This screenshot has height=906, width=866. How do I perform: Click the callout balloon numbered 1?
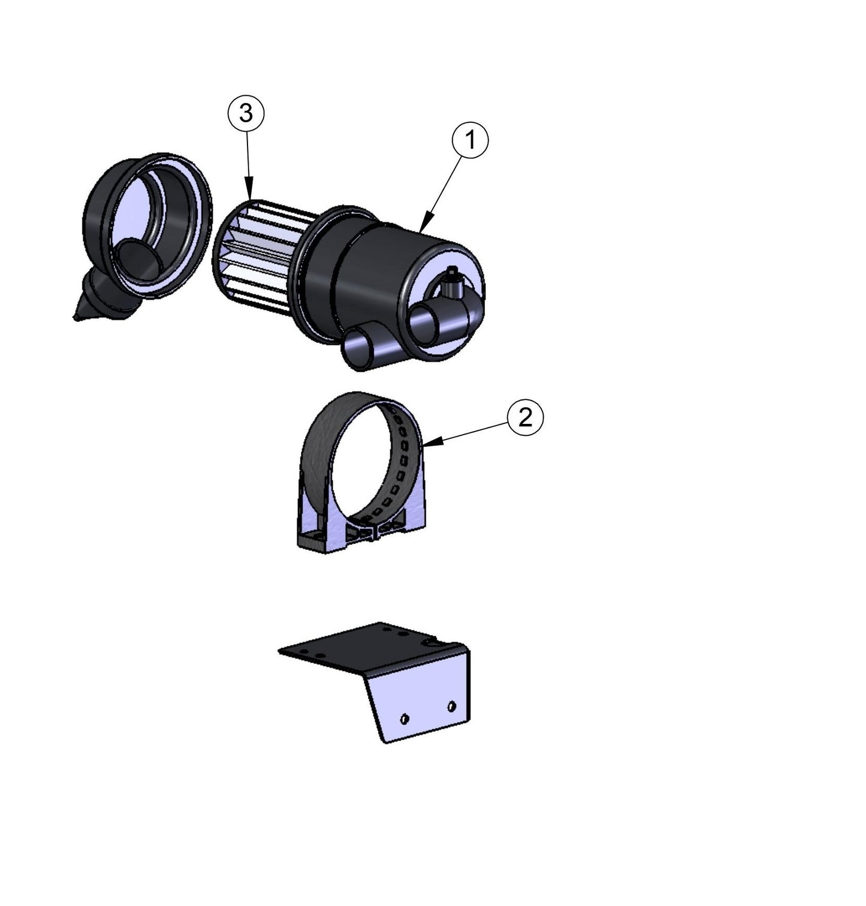[x=470, y=140]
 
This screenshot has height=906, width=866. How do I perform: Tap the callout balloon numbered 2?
[x=525, y=418]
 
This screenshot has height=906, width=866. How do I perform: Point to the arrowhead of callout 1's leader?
[x=423, y=228]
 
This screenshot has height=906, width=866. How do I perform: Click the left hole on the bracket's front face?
[x=405, y=718]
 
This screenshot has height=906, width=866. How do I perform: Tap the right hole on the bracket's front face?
[x=452, y=706]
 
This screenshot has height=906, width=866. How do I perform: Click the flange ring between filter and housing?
[x=306, y=264]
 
